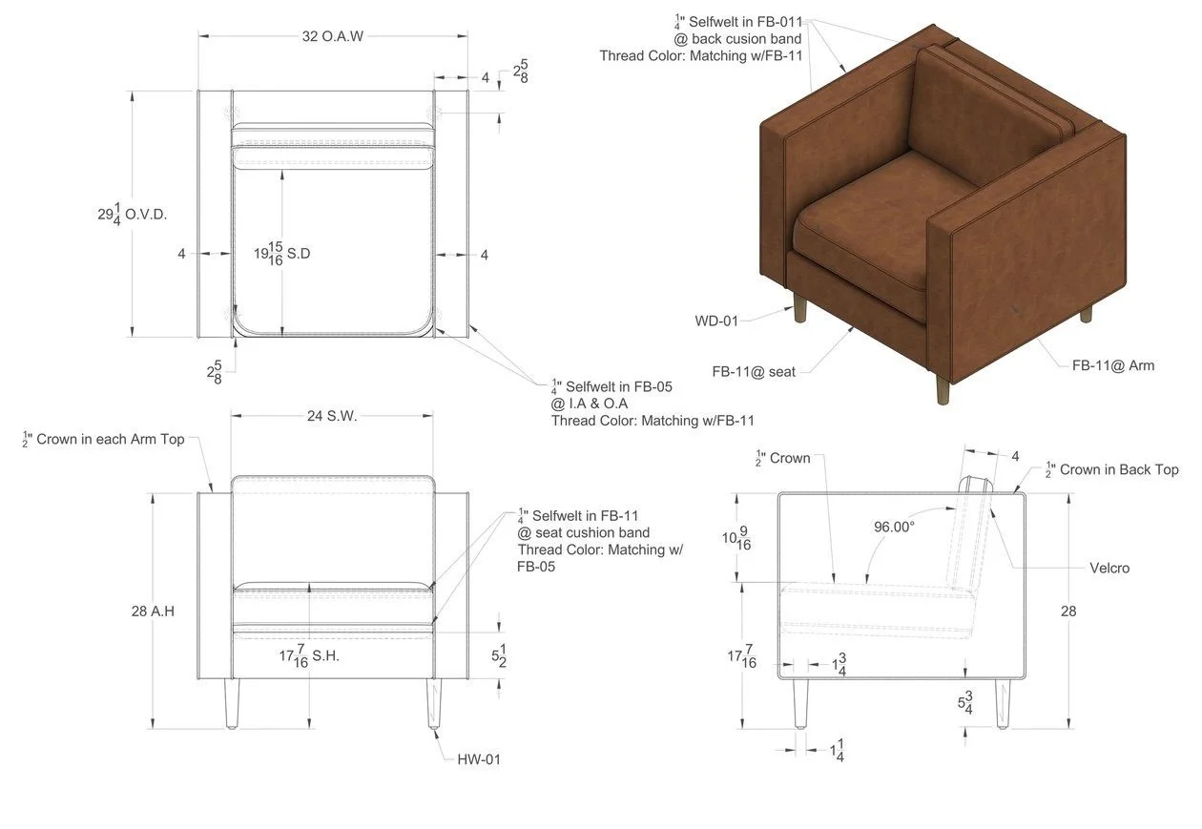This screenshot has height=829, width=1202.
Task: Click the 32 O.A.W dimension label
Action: point(333,36)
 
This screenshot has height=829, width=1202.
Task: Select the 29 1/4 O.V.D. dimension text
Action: point(132,214)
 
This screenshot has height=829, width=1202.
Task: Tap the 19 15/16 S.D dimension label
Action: point(282,254)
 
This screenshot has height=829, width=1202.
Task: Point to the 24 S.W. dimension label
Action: point(333,416)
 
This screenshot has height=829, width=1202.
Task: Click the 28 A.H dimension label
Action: point(153,611)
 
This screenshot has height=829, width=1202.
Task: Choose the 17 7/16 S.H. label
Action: point(309,656)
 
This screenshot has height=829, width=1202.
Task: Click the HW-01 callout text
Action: point(478,759)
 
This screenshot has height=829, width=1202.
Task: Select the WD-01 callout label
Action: point(716,321)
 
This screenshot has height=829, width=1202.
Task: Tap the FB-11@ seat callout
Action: point(754,371)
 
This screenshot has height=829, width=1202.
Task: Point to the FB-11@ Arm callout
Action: point(1112,365)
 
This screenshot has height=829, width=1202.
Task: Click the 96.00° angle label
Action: point(894,526)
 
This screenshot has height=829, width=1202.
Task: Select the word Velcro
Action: point(1109,568)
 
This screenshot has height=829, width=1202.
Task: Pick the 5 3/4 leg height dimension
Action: point(965,703)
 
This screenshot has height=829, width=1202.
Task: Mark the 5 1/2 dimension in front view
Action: point(498,656)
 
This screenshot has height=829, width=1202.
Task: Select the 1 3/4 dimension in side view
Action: point(839,665)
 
